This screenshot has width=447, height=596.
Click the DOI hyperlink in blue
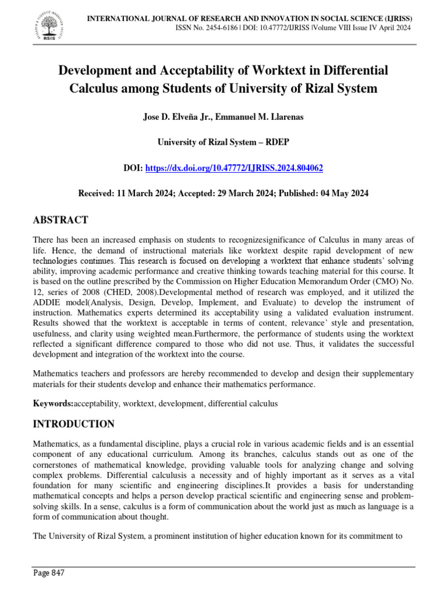(233, 168)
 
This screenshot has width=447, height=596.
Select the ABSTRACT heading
(60, 219)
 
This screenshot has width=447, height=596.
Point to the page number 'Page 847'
(48, 573)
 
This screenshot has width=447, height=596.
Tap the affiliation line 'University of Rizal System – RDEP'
(223, 142)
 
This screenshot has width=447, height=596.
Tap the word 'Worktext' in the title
(261, 71)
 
